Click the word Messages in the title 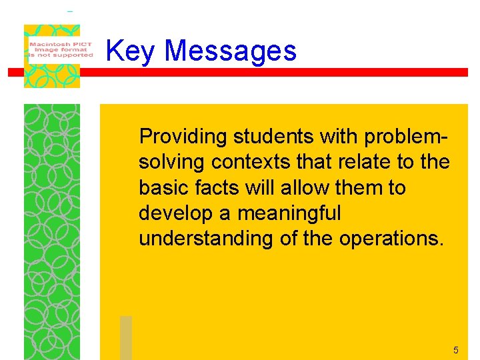[x=230, y=51]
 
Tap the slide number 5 [x=456, y=350]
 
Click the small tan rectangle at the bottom [x=126, y=337]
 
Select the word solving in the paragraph [x=171, y=163]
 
